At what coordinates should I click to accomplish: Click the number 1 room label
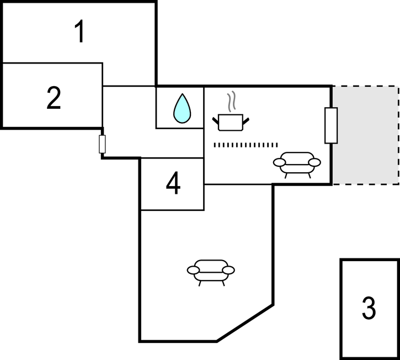pos(80,32)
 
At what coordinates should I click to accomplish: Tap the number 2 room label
pos(54,98)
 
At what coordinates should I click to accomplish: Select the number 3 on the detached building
pos(369,308)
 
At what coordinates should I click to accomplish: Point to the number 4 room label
pos(173,184)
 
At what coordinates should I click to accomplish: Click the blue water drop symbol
pos(182,108)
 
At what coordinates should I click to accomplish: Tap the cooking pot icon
pos(231,121)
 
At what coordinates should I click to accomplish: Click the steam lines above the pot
pos(233,102)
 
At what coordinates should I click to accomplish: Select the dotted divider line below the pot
pos(246,145)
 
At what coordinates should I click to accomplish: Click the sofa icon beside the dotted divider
pos(297,162)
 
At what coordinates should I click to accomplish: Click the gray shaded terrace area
pos(366,135)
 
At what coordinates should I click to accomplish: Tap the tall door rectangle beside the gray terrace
pos(331,125)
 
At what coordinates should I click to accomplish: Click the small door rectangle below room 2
pos(102,144)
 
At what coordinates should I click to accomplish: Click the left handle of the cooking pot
pos(216,119)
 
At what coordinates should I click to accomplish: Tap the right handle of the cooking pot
pos(246,119)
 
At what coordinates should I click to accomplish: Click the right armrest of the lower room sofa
pos(228,269)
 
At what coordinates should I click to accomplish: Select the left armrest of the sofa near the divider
pos(280,162)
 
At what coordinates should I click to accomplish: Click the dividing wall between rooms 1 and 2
pos(52,63)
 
